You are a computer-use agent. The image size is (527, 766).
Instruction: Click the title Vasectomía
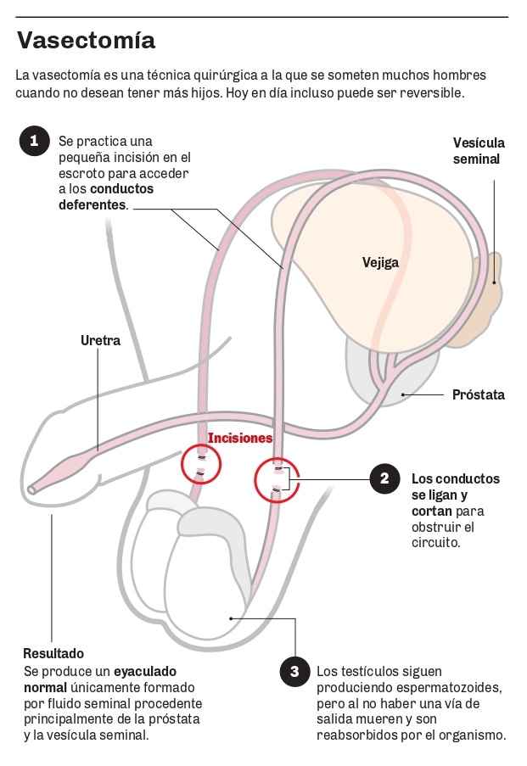(86, 40)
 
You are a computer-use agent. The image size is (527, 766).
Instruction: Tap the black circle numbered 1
(34, 141)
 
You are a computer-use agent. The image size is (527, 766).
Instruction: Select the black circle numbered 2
(384, 478)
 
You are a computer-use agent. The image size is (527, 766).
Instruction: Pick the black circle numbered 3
(294, 673)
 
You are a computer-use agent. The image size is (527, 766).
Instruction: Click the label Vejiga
(379, 262)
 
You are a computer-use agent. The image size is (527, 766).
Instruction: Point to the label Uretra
(100, 341)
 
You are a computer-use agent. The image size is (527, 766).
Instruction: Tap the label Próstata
(478, 394)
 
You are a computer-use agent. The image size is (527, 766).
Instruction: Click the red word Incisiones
(240, 439)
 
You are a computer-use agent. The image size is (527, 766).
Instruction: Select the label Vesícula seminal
(478, 151)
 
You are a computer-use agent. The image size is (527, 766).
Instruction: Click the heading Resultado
(53, 653)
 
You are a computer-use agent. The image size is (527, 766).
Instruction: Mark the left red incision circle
(201, 463)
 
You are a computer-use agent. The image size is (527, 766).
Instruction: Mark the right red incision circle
(278, 479)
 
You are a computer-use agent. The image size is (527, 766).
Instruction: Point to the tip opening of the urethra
(31, 489)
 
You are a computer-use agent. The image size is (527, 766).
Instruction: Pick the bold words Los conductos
(455, 478)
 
